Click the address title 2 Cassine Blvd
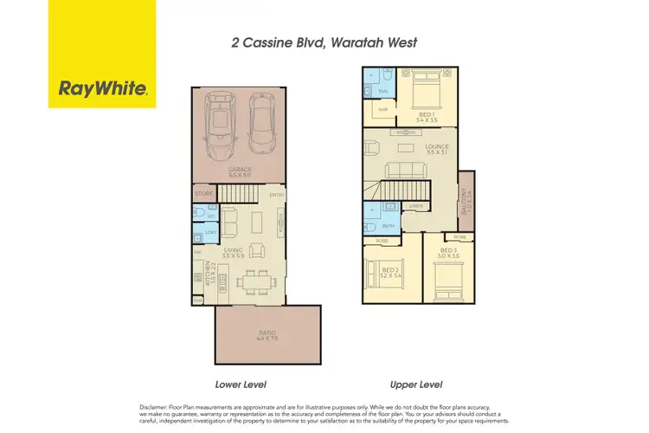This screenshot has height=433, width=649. point(324,41)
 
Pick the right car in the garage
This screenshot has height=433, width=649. point(262,121)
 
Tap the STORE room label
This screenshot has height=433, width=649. point(204,193)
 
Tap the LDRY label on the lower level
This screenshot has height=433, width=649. point(209,233)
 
